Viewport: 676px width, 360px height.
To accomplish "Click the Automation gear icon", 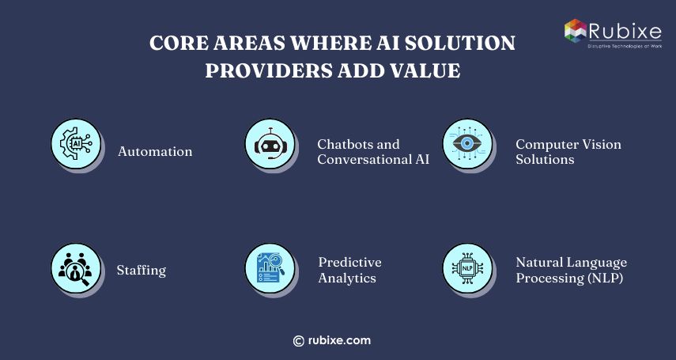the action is (76, 144).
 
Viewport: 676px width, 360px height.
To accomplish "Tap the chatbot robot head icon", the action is (270, 144).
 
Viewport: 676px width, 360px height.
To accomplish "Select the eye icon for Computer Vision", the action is (467, 144).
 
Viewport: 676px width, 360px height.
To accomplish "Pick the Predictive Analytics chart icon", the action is (270, 268).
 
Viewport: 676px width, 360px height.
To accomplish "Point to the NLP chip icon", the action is (467, 268).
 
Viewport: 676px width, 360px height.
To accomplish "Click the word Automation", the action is (155, 151).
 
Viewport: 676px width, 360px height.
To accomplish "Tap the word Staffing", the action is (142, 271).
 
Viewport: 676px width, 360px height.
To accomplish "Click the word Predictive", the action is (349, 263).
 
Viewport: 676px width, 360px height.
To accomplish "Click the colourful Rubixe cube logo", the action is (576, 31).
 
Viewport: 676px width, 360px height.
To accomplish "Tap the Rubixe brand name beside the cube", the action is (625, 32).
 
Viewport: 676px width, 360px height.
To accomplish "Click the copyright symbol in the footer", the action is (298, 341).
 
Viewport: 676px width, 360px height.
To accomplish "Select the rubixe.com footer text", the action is (339, 340).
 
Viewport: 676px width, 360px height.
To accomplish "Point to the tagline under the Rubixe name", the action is (625, 45).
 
